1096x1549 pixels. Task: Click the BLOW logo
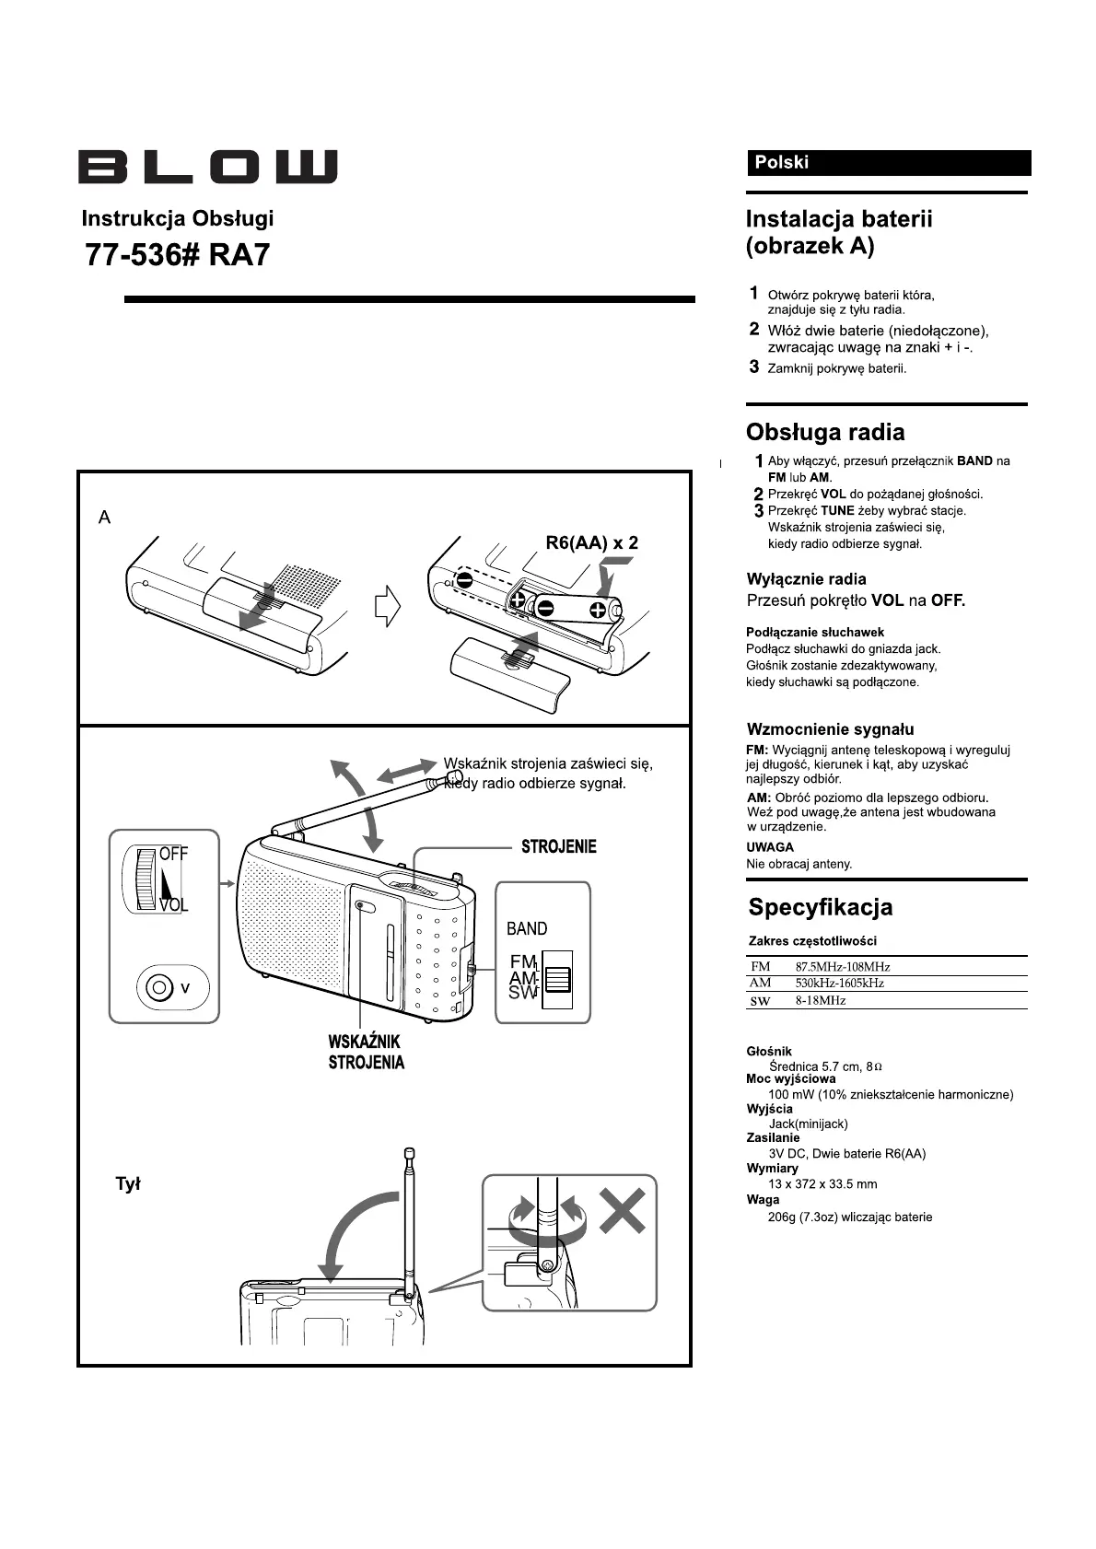[207, 167]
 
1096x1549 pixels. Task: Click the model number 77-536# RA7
[178, 254]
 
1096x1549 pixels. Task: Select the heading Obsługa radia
[824, 432]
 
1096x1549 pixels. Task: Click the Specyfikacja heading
[820, 907]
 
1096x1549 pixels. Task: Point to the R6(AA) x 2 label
[591, 542]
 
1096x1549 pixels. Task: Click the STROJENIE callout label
[558, 846]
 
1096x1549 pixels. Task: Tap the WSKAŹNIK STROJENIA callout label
[366, 1052]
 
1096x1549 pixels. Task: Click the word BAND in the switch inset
[527, 928]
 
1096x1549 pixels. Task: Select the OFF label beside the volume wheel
[173, 854]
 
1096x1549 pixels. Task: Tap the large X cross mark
[623, 1209]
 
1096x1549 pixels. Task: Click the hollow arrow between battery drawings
[388, 606]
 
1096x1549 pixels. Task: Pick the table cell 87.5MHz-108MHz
[843, 967]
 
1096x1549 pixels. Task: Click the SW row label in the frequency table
[760, 1001]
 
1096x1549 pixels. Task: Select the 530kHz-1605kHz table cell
[839, 984]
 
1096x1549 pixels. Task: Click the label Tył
[127, 1184]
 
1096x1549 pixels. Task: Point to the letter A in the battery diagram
[105, 518]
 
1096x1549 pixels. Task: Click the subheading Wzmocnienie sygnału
[830, 729]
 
